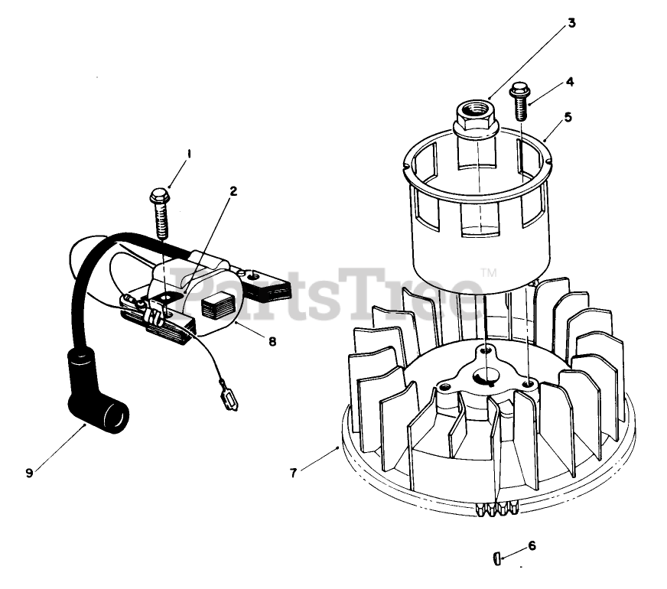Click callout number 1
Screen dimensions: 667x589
[189, 154]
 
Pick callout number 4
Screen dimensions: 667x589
[570, 81]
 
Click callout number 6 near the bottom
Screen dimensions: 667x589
[532, 545]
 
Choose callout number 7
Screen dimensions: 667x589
[293, 472]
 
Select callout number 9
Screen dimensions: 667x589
[29, 472]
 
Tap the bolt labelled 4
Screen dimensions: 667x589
[521, 99]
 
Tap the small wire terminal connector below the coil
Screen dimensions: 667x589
[230, 398]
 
